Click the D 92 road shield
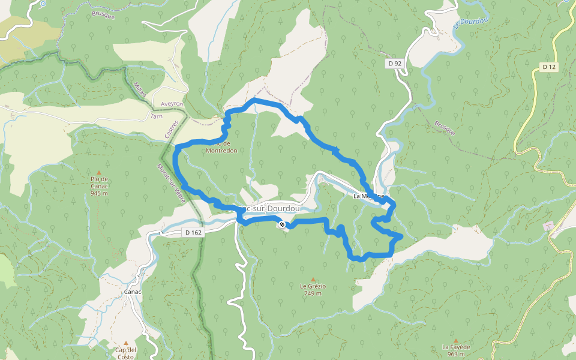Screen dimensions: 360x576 point(394,63)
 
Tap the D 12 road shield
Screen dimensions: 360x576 point(548,67)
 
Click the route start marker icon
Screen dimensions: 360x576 point(282,224)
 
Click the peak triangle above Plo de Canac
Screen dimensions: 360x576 point(99,172)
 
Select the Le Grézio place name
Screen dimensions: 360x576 point(313,286)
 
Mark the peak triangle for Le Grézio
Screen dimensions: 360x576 point(313,280)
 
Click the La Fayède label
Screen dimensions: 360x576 point(456,347)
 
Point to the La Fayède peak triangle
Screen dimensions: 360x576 point(456,340)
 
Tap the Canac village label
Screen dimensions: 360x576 point(132,292)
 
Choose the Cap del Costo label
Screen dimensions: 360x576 point(126,353)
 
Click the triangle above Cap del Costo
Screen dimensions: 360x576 point(126,343)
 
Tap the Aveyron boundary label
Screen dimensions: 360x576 point(154,104)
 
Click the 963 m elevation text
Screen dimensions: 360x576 point(457,354)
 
